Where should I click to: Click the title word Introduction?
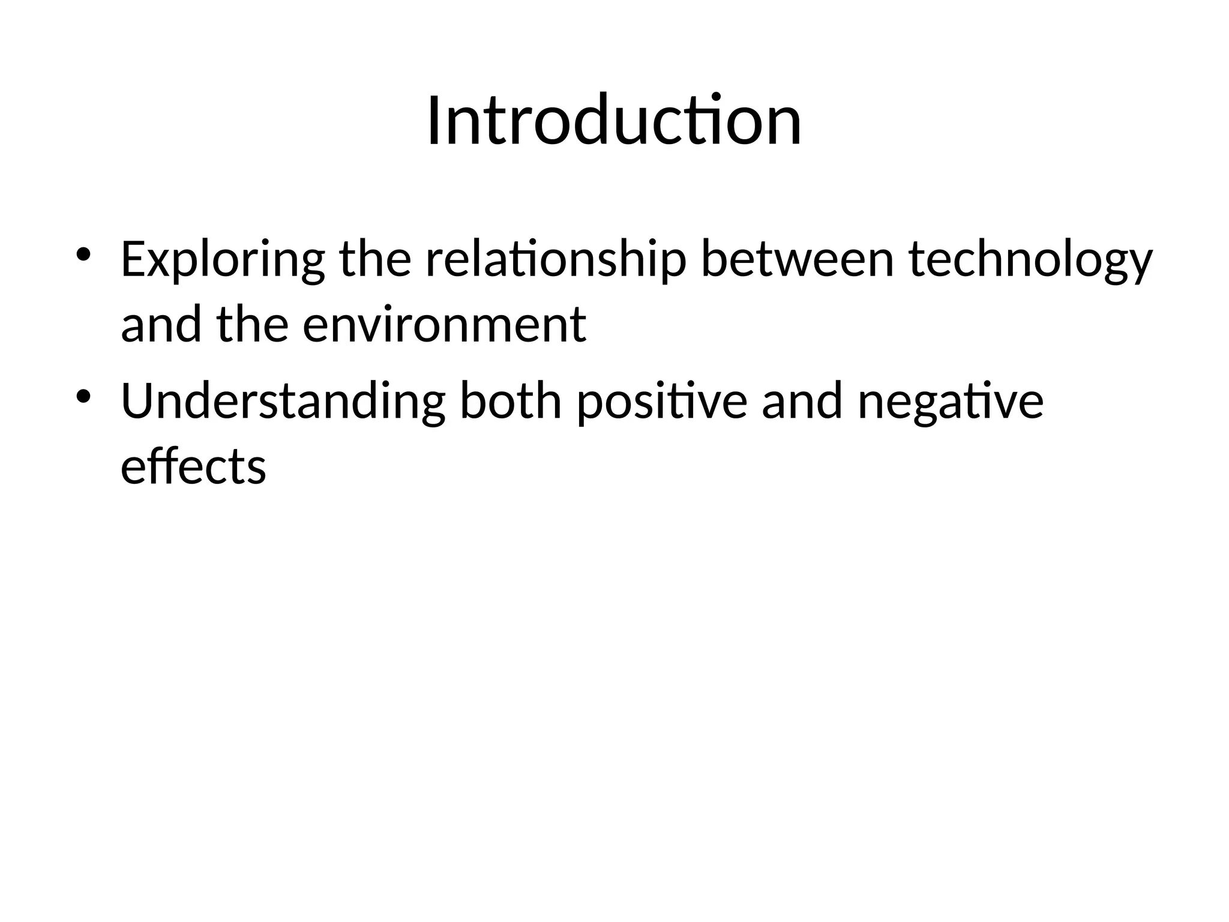pyautogui.click(x=614, y=121)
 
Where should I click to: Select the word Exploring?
pyautogui.click(x=223, y=261)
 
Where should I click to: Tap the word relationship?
pyautogui.click(x=556, y=261)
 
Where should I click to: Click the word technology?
pyautogui.click(x=1030, y=261)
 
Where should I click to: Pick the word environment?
pyautogui.click(x=444, y=325)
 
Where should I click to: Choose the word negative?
pyautogui.click(x=951, y=403)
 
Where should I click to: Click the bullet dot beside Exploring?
pyautogui.click(x=83, y=254)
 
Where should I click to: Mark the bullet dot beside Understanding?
pyautogui.click(x=83, y=396)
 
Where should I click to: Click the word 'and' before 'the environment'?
pyautogui.click(x=161, y=325)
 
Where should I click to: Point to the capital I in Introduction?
pyautogui.click(x=434, y=121)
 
